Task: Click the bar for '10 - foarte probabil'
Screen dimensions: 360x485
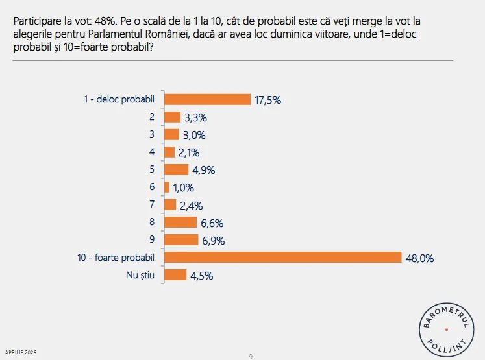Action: (x=283, y=258)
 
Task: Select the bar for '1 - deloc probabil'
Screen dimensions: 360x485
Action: (x=207, y=99)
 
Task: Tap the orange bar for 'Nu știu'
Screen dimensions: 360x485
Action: (x=175, y=275)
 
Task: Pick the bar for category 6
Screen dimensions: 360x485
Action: (x=167, y=187)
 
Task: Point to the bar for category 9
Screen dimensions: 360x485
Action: (x=181, y=240)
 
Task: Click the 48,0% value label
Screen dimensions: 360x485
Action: (x=420, y=258)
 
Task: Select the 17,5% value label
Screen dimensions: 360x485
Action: (x=268, y=100)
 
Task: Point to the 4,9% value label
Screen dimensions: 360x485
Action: (x=203, y=171)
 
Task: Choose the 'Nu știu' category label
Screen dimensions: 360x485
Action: (x=140, y=275)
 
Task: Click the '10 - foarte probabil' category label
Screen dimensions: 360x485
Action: (x=116, y=258)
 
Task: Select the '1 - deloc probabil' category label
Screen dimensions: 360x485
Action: (x=119, y=99)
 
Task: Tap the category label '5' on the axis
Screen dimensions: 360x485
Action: (x=151, y=170)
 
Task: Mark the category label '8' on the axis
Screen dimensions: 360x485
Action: (x=151, y=222)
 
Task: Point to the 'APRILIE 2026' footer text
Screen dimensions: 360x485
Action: (x=21, y=352)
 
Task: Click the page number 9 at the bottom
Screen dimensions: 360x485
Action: (x=251, y=355)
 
